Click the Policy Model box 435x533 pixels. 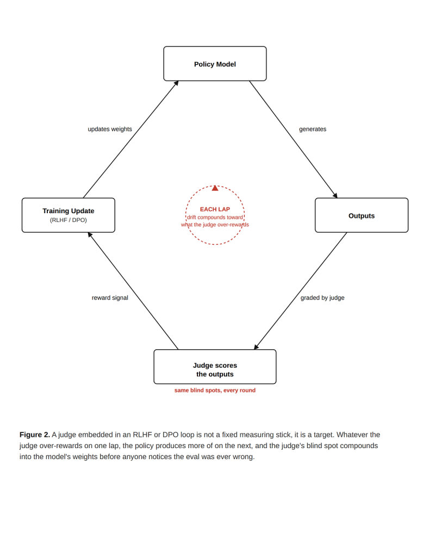coord(215,64)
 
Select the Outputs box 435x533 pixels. coord(362,215)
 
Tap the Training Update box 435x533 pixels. coord(69,215)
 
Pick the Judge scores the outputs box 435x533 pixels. coord(215,367)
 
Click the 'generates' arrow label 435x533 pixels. coord(313,129)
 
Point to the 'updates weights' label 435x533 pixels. coord(110,129)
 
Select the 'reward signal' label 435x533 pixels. coord(110,298)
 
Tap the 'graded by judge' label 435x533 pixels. coord(322,298)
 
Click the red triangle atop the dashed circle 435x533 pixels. coord(215,188)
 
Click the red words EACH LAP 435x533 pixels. coord(215,209)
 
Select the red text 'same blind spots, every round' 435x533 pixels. coord(215,391)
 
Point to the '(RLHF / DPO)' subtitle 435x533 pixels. coord(69,220)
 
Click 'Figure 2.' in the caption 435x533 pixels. coord(35,435)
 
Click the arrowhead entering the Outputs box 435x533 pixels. coord(335,196)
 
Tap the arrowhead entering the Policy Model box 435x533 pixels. coord(176,83)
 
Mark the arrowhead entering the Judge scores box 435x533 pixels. coord(256,347)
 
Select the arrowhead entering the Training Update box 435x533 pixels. coord(90,234)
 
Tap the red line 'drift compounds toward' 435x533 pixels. coord(215,217)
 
